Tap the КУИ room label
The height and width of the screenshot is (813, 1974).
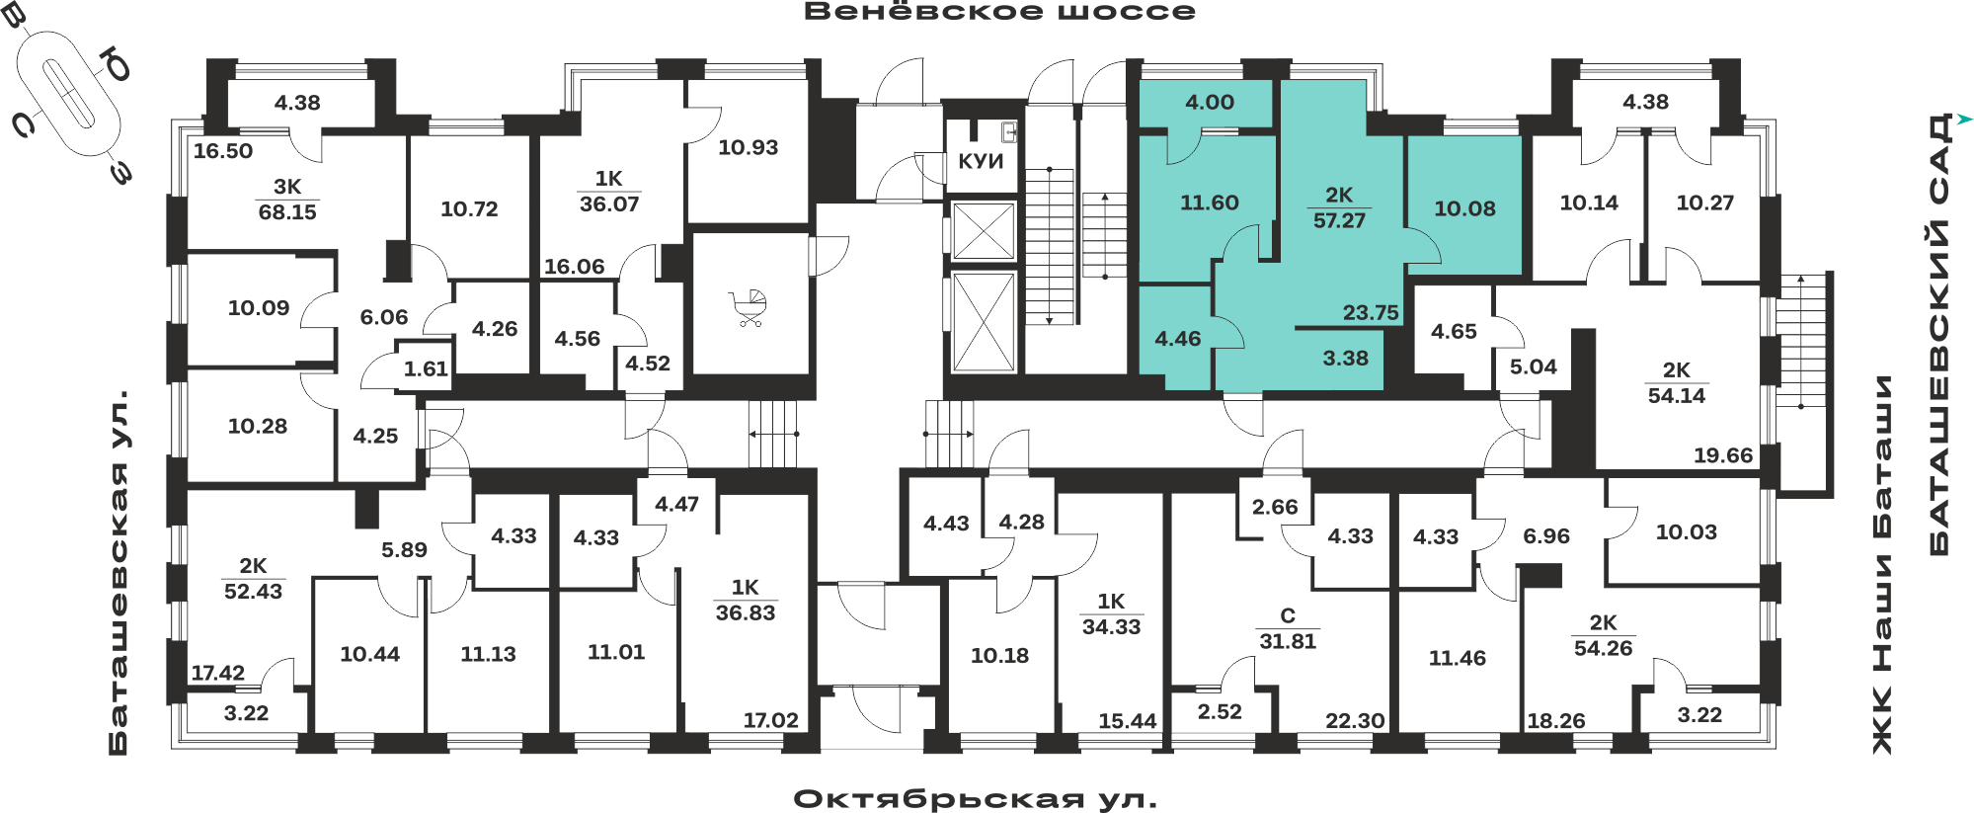[x=981, y=161]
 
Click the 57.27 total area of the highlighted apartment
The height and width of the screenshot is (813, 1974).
[x=1339, y=220]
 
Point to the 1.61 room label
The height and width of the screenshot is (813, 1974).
[x=426, y=368]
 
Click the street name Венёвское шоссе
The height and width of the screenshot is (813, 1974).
[x=999, y=12]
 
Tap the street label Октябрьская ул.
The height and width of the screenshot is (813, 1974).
[x=975, y=798]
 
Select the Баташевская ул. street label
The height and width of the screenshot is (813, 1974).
[x=118, y=574]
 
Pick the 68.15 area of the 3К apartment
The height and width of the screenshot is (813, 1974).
[x=287, y=211]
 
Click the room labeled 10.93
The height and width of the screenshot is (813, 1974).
[x=748, y=147]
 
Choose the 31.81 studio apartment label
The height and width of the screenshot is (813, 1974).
[x=1288, y=641]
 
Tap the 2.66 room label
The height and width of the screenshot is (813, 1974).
[x=1275, y=507]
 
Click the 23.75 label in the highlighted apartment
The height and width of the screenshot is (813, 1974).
[x=1371, y=312]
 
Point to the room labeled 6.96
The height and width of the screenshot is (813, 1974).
[x=1545, y=536]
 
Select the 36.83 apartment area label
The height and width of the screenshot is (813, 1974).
[x=746, y=612]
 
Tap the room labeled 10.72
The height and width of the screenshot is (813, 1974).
[x=469, y=208]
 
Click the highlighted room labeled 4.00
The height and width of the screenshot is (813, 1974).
[x=1210, y=102]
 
